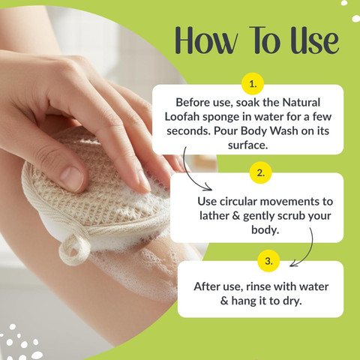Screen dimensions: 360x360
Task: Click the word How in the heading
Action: (x=206, y=40)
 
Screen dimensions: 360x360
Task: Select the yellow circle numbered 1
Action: (x=253, y=84)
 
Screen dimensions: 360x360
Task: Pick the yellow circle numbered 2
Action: (x=260, y=172)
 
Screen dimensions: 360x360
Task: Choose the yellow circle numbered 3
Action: (x=268, y=261)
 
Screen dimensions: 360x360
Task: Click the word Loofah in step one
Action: (x=181, y=117)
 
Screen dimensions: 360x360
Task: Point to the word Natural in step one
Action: (x=301, y=103)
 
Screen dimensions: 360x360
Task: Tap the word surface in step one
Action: (x=247, y=145)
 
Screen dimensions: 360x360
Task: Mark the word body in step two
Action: (x=265, y=230)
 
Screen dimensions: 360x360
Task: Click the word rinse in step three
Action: (x=258, y=286)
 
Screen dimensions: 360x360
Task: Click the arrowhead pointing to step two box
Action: (x=208, y=187)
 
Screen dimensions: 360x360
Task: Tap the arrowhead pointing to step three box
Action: (x=293, y=263)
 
